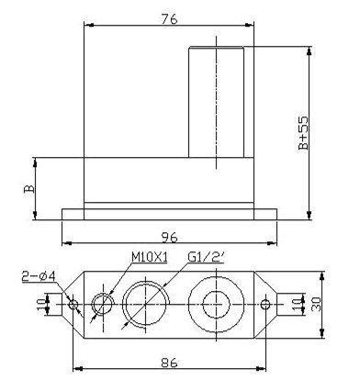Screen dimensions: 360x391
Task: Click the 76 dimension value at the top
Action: point(169,19)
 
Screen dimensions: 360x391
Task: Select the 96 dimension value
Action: point(169,238)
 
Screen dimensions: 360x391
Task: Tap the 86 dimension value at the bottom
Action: point(169,363)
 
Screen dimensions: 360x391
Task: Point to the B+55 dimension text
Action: point(304,132)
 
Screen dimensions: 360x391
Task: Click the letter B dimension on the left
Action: point(29,189)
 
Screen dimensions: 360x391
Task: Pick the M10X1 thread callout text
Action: point(150,258)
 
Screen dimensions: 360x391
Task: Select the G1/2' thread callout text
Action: point(206,258)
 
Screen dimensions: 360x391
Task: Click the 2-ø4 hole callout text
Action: point(39,276)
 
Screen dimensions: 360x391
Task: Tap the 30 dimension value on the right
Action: point(316,304)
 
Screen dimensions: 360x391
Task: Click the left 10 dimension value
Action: point(42,305)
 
